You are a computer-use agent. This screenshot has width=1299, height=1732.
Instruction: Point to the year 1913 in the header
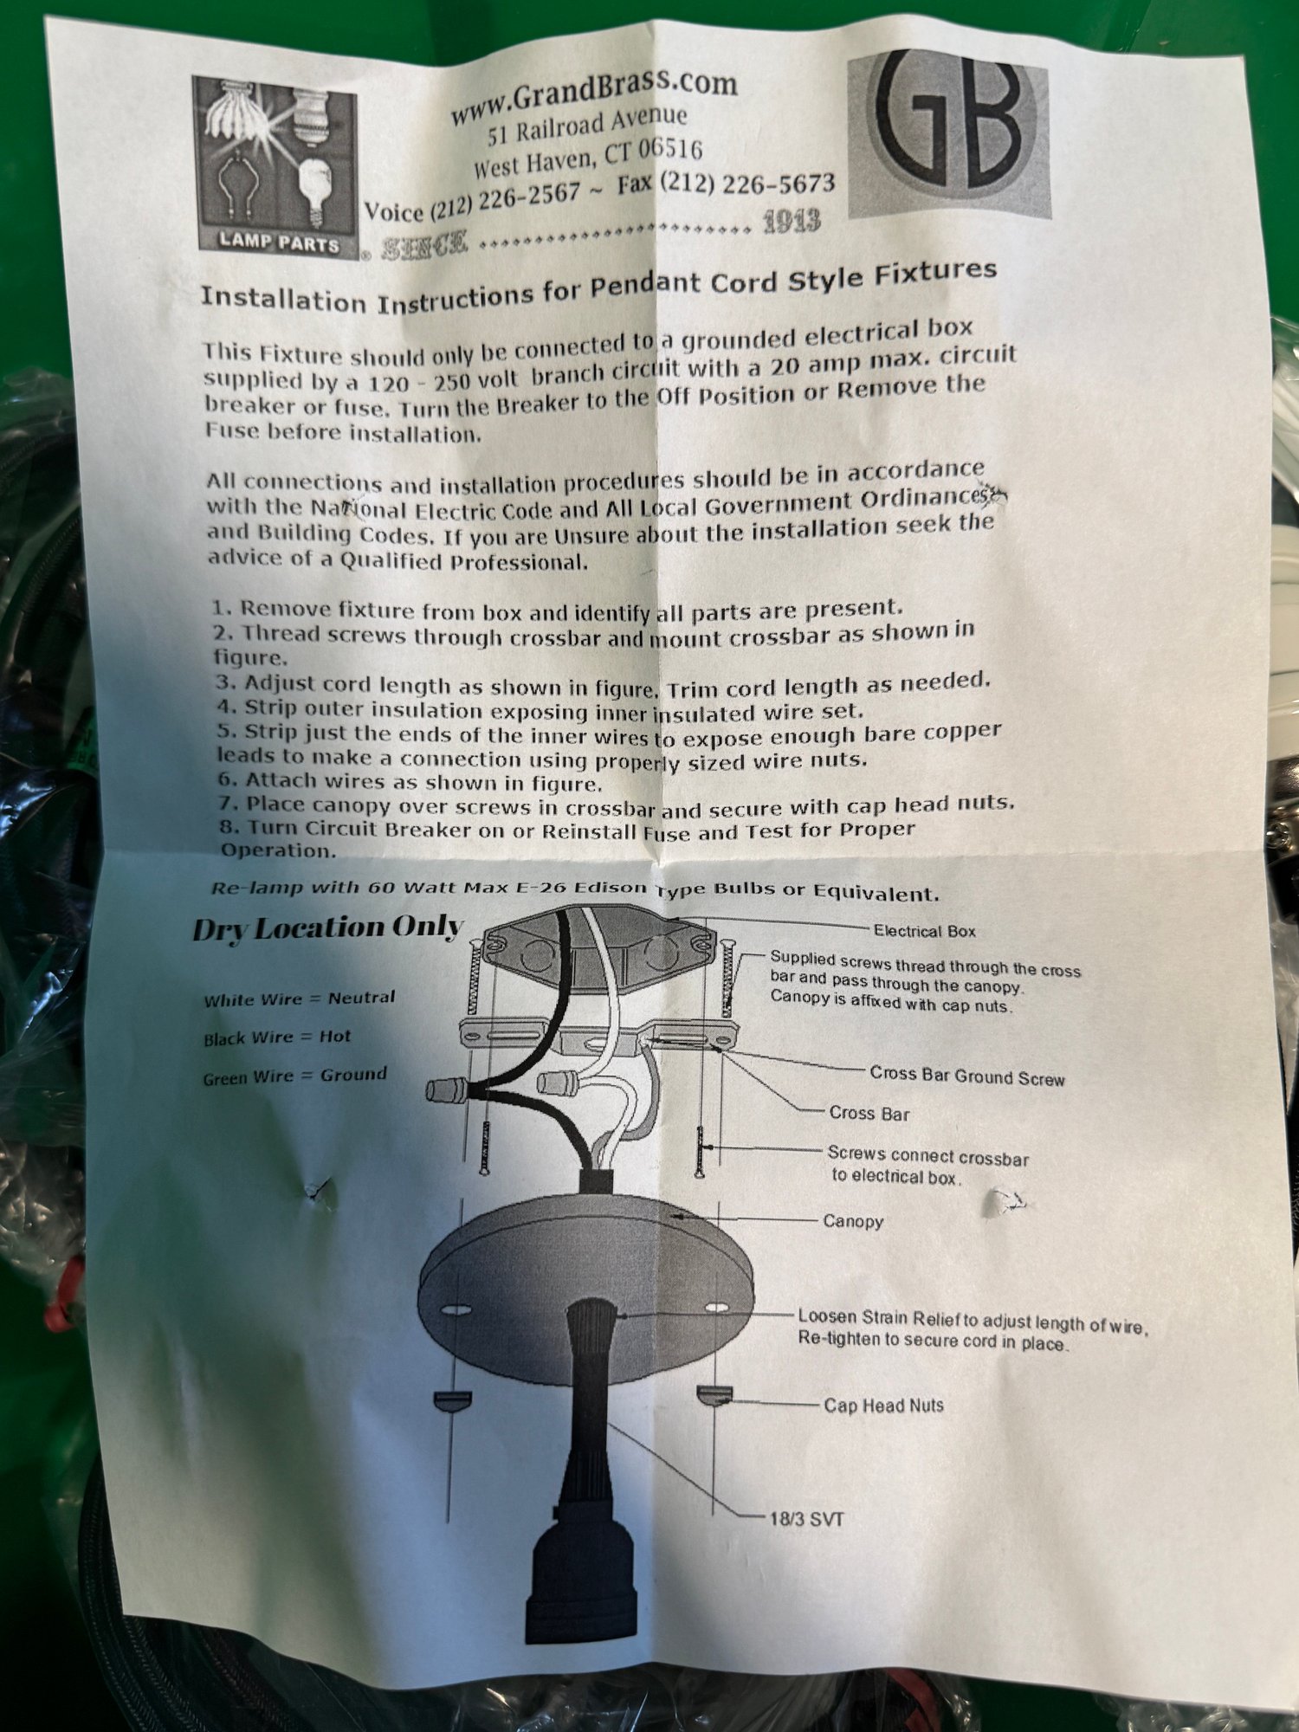(x=792, y=223)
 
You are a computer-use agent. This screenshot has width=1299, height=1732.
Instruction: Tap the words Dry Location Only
(x=328, y=927)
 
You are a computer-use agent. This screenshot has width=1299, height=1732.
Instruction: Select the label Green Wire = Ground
(x=294, y=1076)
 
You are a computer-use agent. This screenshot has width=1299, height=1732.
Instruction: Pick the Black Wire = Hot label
(x=277, y=1037)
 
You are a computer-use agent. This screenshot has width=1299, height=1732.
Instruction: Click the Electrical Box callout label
(x=924, y=932)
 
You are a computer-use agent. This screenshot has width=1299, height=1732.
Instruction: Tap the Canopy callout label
(x=853, y=1221)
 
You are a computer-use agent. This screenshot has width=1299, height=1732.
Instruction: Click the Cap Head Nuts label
(x=883, y=1406)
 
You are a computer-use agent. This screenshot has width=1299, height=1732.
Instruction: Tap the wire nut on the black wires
(x=447, y=1090)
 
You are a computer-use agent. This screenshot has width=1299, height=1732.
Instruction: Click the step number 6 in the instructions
(x=226, y=780)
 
